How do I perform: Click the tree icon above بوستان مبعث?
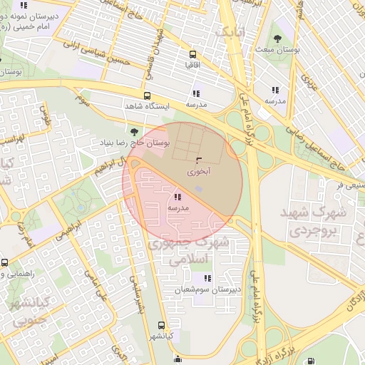(x=277, y=38)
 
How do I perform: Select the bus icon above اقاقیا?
(x=193, y=54)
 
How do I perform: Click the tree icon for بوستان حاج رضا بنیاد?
(x=134, y=132)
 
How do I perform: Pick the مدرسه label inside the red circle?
(x=178, y=207)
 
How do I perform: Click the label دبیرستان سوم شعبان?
(x=207, y=290)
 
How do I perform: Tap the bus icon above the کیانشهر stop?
(x=161, y=325)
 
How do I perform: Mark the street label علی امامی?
(x=94, y=286)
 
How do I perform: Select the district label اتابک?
(x=233, y=31)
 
